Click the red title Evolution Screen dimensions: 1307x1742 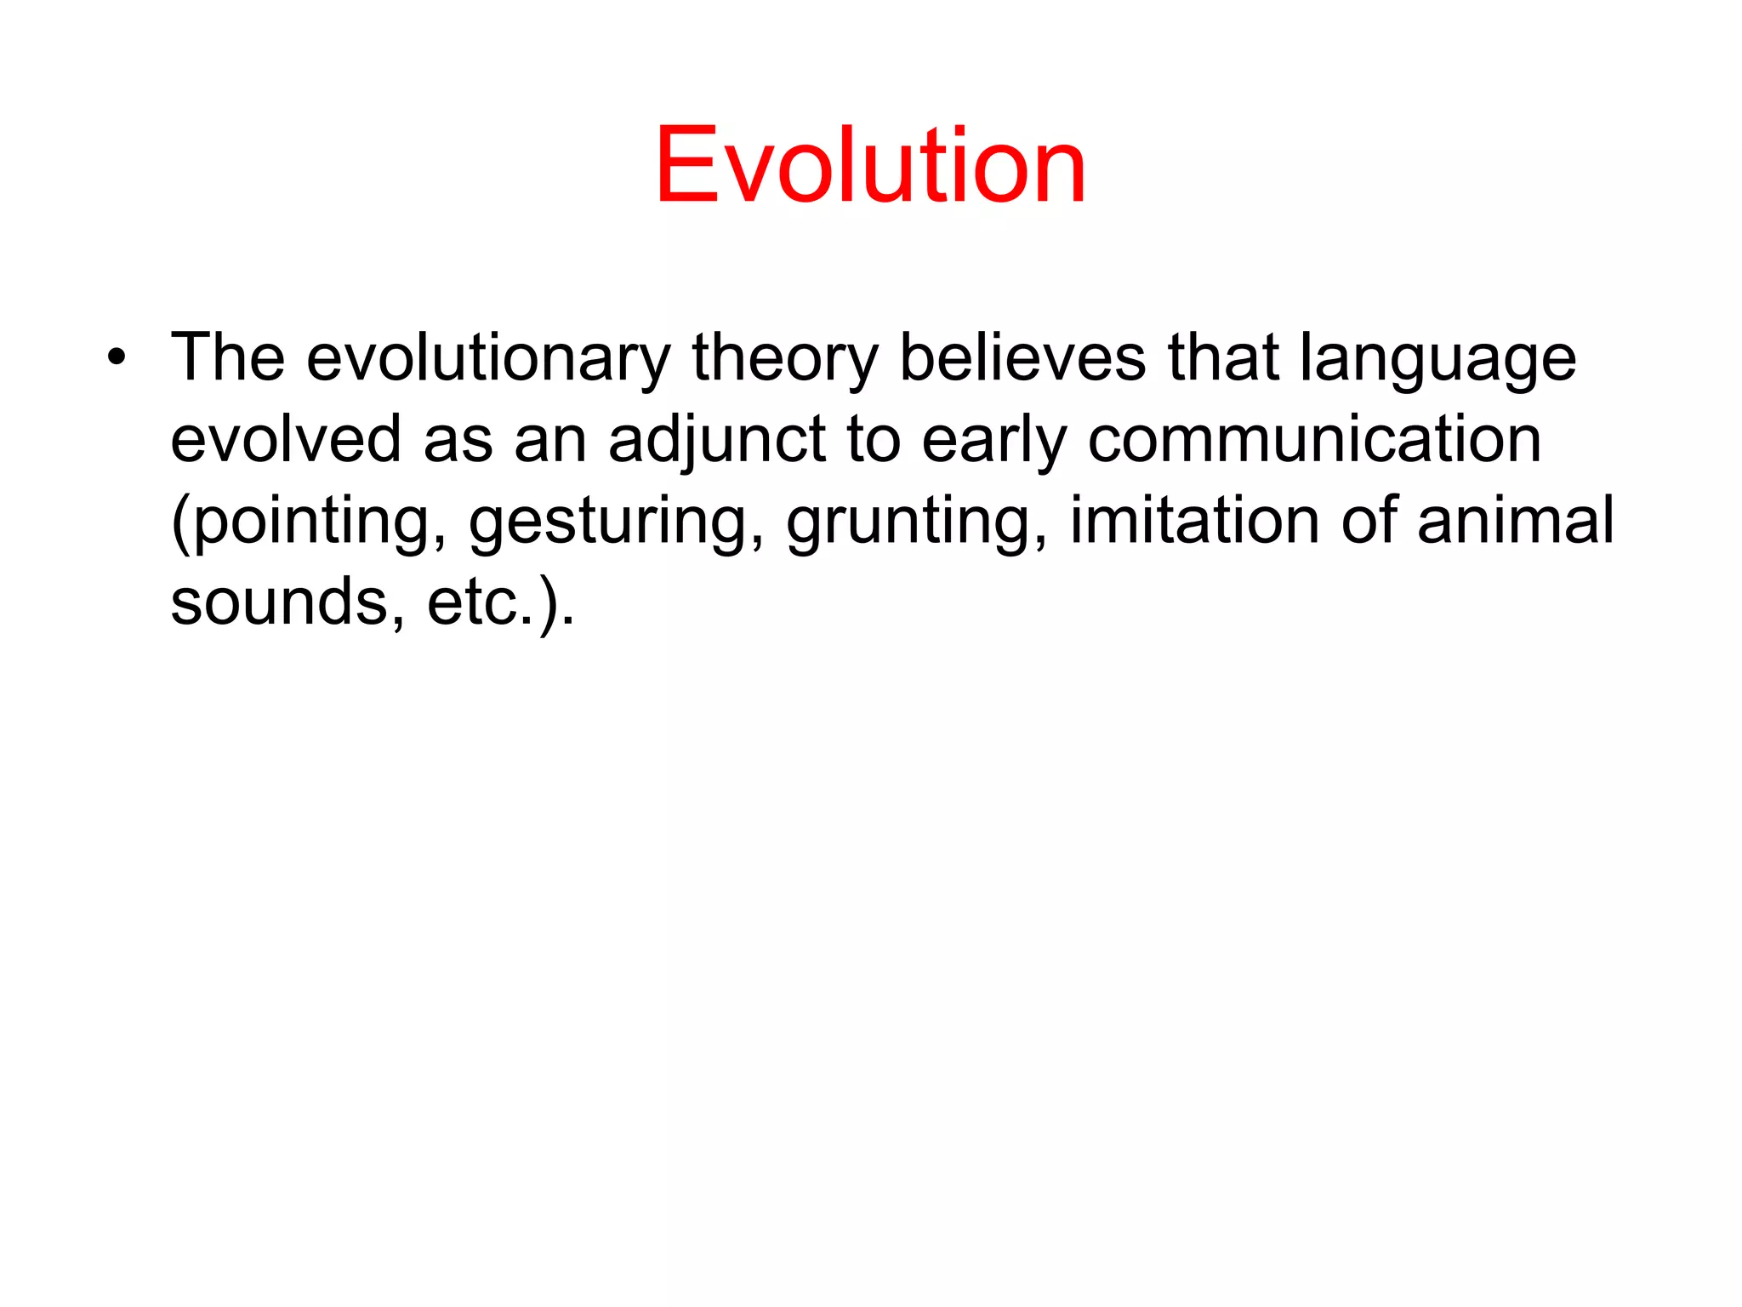pos(870,165)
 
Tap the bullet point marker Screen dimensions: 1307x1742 pos(117,357)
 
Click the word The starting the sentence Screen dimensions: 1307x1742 pos(227,357)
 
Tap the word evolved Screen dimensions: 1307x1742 pos(286,439)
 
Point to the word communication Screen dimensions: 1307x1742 pos(1314,439)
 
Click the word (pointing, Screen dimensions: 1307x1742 pos(309,521)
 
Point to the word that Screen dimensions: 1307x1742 pos(1222,357)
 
